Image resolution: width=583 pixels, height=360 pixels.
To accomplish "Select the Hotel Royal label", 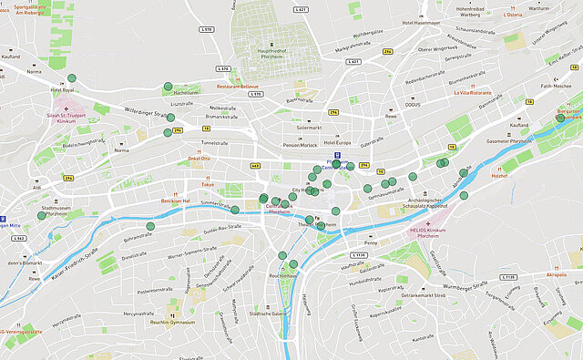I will tap(62, 90).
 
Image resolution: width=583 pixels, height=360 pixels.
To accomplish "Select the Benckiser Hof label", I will tap(174, 200).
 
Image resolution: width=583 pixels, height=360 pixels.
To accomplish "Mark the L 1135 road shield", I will tap(506, 277).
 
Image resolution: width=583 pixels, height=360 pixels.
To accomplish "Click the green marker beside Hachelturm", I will tap(168, 87).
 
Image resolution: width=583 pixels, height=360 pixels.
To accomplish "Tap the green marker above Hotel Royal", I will tap(70, 78).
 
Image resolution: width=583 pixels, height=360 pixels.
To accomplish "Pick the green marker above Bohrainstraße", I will tap(150, 226).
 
